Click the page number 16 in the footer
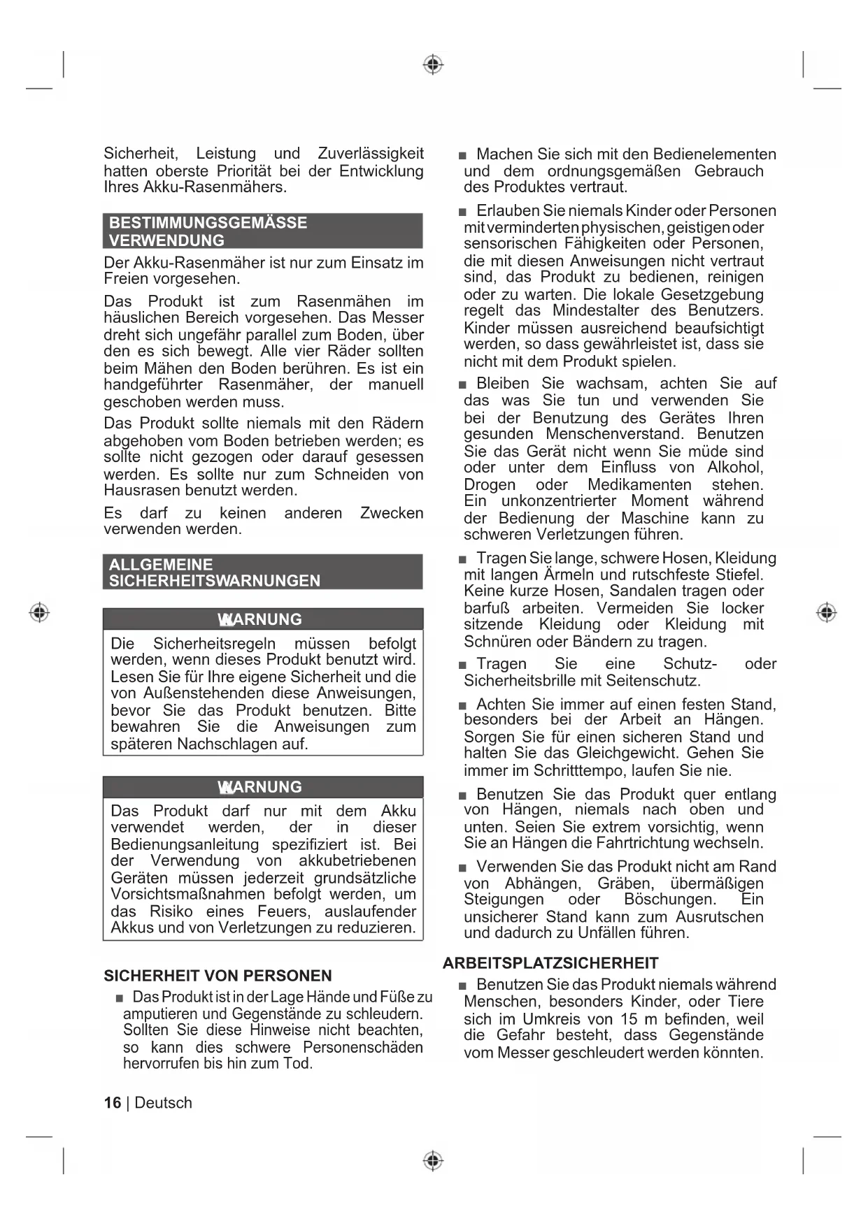click(x=112, y=1102)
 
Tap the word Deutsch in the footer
click(x=163, y=1102)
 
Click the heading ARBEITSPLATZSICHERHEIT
click(x=550, y=962)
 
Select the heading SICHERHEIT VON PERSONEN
click(x=218, y=975)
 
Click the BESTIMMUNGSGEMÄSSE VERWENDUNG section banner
click(x=262, y=231)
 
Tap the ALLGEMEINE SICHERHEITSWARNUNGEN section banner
click(x=262, y=572)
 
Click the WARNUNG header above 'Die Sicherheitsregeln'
click(x=262, y=619)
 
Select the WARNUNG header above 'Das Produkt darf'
click(x=262, y=787)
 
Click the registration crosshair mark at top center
click(x=433, y=65)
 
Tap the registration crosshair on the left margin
click(x=39, y=612)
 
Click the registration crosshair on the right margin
click(x=826, y=612)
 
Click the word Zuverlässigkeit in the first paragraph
click(x=371, y=153)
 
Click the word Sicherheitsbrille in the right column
click(x=515, y=680)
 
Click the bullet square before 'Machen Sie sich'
click(x=462, y=155)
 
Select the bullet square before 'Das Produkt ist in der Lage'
click(x=120, y=998)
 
